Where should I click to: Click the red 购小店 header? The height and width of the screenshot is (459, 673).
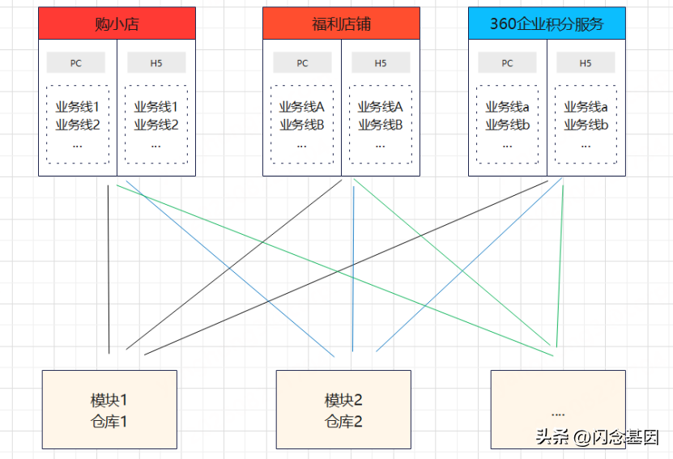pos(117,23)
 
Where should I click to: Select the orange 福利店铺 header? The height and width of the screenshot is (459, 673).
pos(341,23)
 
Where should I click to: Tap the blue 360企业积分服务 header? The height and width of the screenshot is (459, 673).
pos(547,23)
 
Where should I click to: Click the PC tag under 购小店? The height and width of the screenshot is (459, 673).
pos(76,63)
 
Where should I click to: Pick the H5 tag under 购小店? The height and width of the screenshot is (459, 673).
pos(156,63)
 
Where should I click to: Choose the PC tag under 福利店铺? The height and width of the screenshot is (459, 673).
pos(302,63)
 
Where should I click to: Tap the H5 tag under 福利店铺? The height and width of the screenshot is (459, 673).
pos(381,63)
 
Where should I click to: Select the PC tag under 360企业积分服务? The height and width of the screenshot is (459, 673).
pos(507,63)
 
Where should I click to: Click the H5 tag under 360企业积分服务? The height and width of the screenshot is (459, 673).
pos(586,63)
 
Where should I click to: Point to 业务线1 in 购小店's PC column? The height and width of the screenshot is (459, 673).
pos(77,107)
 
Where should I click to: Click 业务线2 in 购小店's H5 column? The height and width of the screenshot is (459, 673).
pos(155,125)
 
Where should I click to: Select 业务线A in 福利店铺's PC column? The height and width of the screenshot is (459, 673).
pos(301,107)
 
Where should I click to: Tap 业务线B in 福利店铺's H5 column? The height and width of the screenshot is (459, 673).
pos(380,125)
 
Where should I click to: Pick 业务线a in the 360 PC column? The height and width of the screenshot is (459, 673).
pos(507,107)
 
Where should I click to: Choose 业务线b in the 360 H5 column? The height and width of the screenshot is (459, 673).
pos(586,125)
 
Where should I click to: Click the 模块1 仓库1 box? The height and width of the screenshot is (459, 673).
pos(109,410)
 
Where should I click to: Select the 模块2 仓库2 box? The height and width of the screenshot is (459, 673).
pos(343,410)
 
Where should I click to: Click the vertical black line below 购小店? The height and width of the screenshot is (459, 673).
pos(109,267)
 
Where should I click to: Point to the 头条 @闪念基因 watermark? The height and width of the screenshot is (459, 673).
pos(597,437)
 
